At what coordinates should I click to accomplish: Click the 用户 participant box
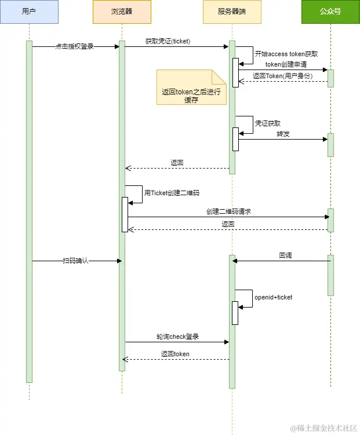[29, 12]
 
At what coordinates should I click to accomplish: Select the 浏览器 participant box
[122, 12]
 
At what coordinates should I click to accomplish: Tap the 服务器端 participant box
[232, 12]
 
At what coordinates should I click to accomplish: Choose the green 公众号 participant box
[330, 12]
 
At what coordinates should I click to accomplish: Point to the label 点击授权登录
[74, 46]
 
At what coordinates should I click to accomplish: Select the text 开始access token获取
[286, 53]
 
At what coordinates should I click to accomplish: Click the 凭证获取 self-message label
[268, 123]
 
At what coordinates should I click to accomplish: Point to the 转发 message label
[283, 134]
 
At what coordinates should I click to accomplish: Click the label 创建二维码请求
[228, 212]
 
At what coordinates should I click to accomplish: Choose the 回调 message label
[285, 255]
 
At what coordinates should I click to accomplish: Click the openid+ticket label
[273, 297]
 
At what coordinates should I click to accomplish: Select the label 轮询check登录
[177, 337]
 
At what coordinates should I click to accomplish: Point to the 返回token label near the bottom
[175, 354]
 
